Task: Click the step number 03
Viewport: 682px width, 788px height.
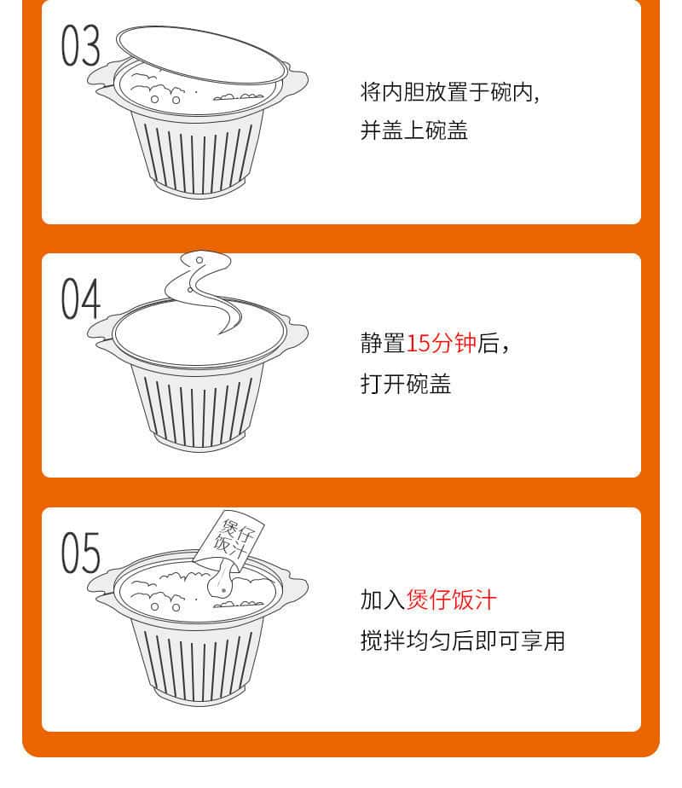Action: point(81,46)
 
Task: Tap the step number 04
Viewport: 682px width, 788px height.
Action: point(81,299)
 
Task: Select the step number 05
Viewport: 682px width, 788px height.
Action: point(81,553)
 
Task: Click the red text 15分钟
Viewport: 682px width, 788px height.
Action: point(441,343)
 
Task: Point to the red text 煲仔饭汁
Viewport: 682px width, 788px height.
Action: point(451,600)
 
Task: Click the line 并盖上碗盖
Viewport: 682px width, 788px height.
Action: point(414,130)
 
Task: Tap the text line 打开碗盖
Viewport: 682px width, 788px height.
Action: point(406,384)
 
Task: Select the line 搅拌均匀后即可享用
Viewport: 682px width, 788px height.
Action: point(463,640)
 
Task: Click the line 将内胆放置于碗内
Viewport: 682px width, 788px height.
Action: point(450,92)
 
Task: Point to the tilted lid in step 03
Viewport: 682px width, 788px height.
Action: point(201,55)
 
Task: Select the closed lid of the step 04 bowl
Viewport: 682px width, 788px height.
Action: point(199,333)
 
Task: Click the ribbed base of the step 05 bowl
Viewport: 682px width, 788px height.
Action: point(198,663)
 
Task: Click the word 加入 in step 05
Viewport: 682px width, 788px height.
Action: point(383,600)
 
